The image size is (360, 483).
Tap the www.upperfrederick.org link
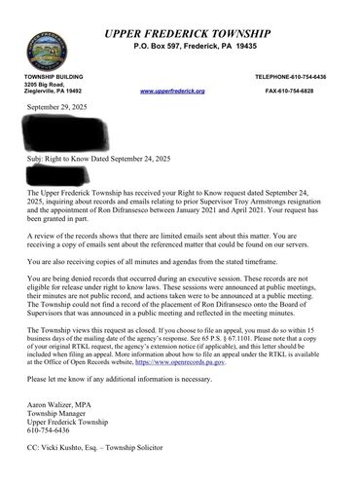pyautogui.click(x=172, y=91)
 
